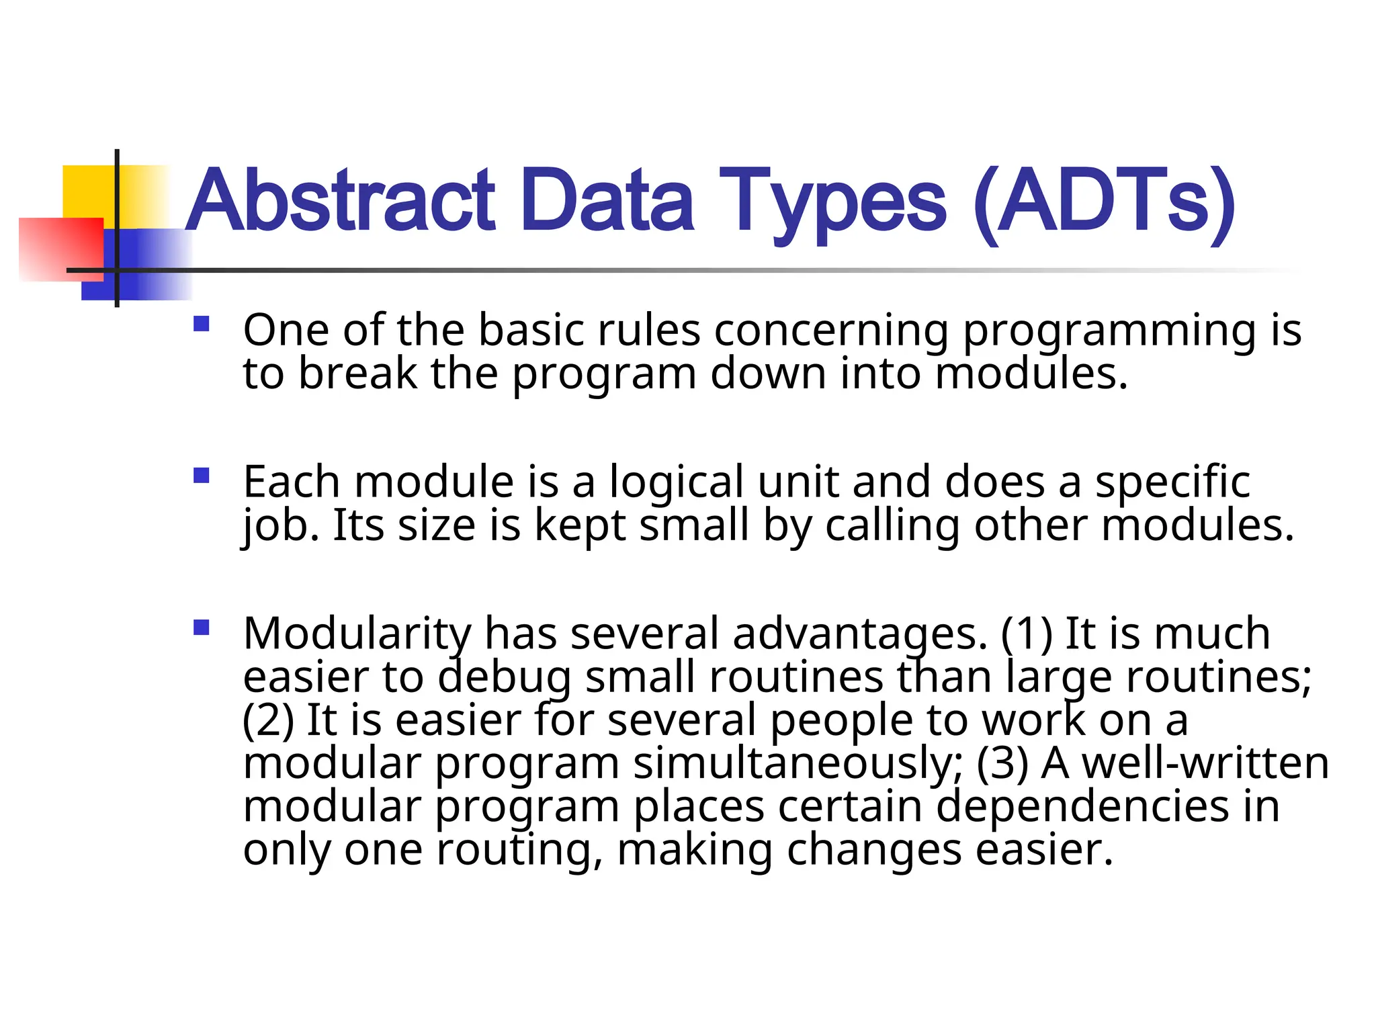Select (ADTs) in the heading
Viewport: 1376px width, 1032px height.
(1103, 202)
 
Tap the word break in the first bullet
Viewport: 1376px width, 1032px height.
(357, 374)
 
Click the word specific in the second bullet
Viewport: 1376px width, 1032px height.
(1172, 482)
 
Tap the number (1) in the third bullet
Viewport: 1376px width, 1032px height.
(1027, 634)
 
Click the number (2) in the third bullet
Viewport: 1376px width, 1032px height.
(268, 720)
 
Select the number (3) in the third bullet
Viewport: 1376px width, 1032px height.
(1002, 764)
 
